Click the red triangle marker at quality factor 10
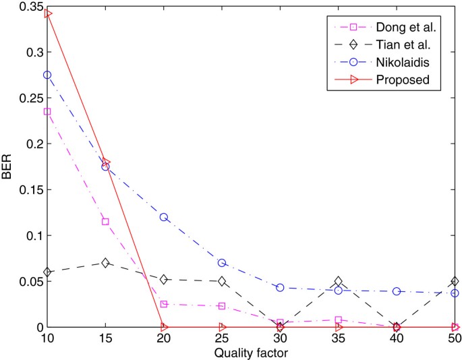[48, 13]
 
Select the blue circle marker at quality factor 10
[48, 75]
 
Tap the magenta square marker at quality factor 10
[48, 111]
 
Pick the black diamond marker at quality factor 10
[48, 272]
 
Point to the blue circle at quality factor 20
[164, 217]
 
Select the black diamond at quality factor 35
[339, 281]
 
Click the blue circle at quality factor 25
[222, 263]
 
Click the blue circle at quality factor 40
[397, 291]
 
